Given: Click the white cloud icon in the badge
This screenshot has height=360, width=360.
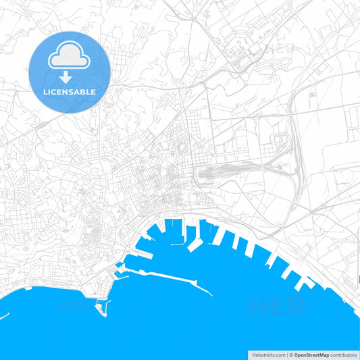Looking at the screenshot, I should (x=69, y=58).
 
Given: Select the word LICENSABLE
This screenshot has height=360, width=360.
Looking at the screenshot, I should (x=69, y=91).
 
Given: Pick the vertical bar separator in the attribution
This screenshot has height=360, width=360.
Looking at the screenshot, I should (x=286, y=354).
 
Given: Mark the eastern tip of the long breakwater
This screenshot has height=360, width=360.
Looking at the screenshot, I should (x=213, y=294).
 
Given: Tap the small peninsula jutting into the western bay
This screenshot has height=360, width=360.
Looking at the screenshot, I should (x=102, y=308).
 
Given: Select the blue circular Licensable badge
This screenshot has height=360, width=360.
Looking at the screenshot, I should (x=69, y=71).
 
